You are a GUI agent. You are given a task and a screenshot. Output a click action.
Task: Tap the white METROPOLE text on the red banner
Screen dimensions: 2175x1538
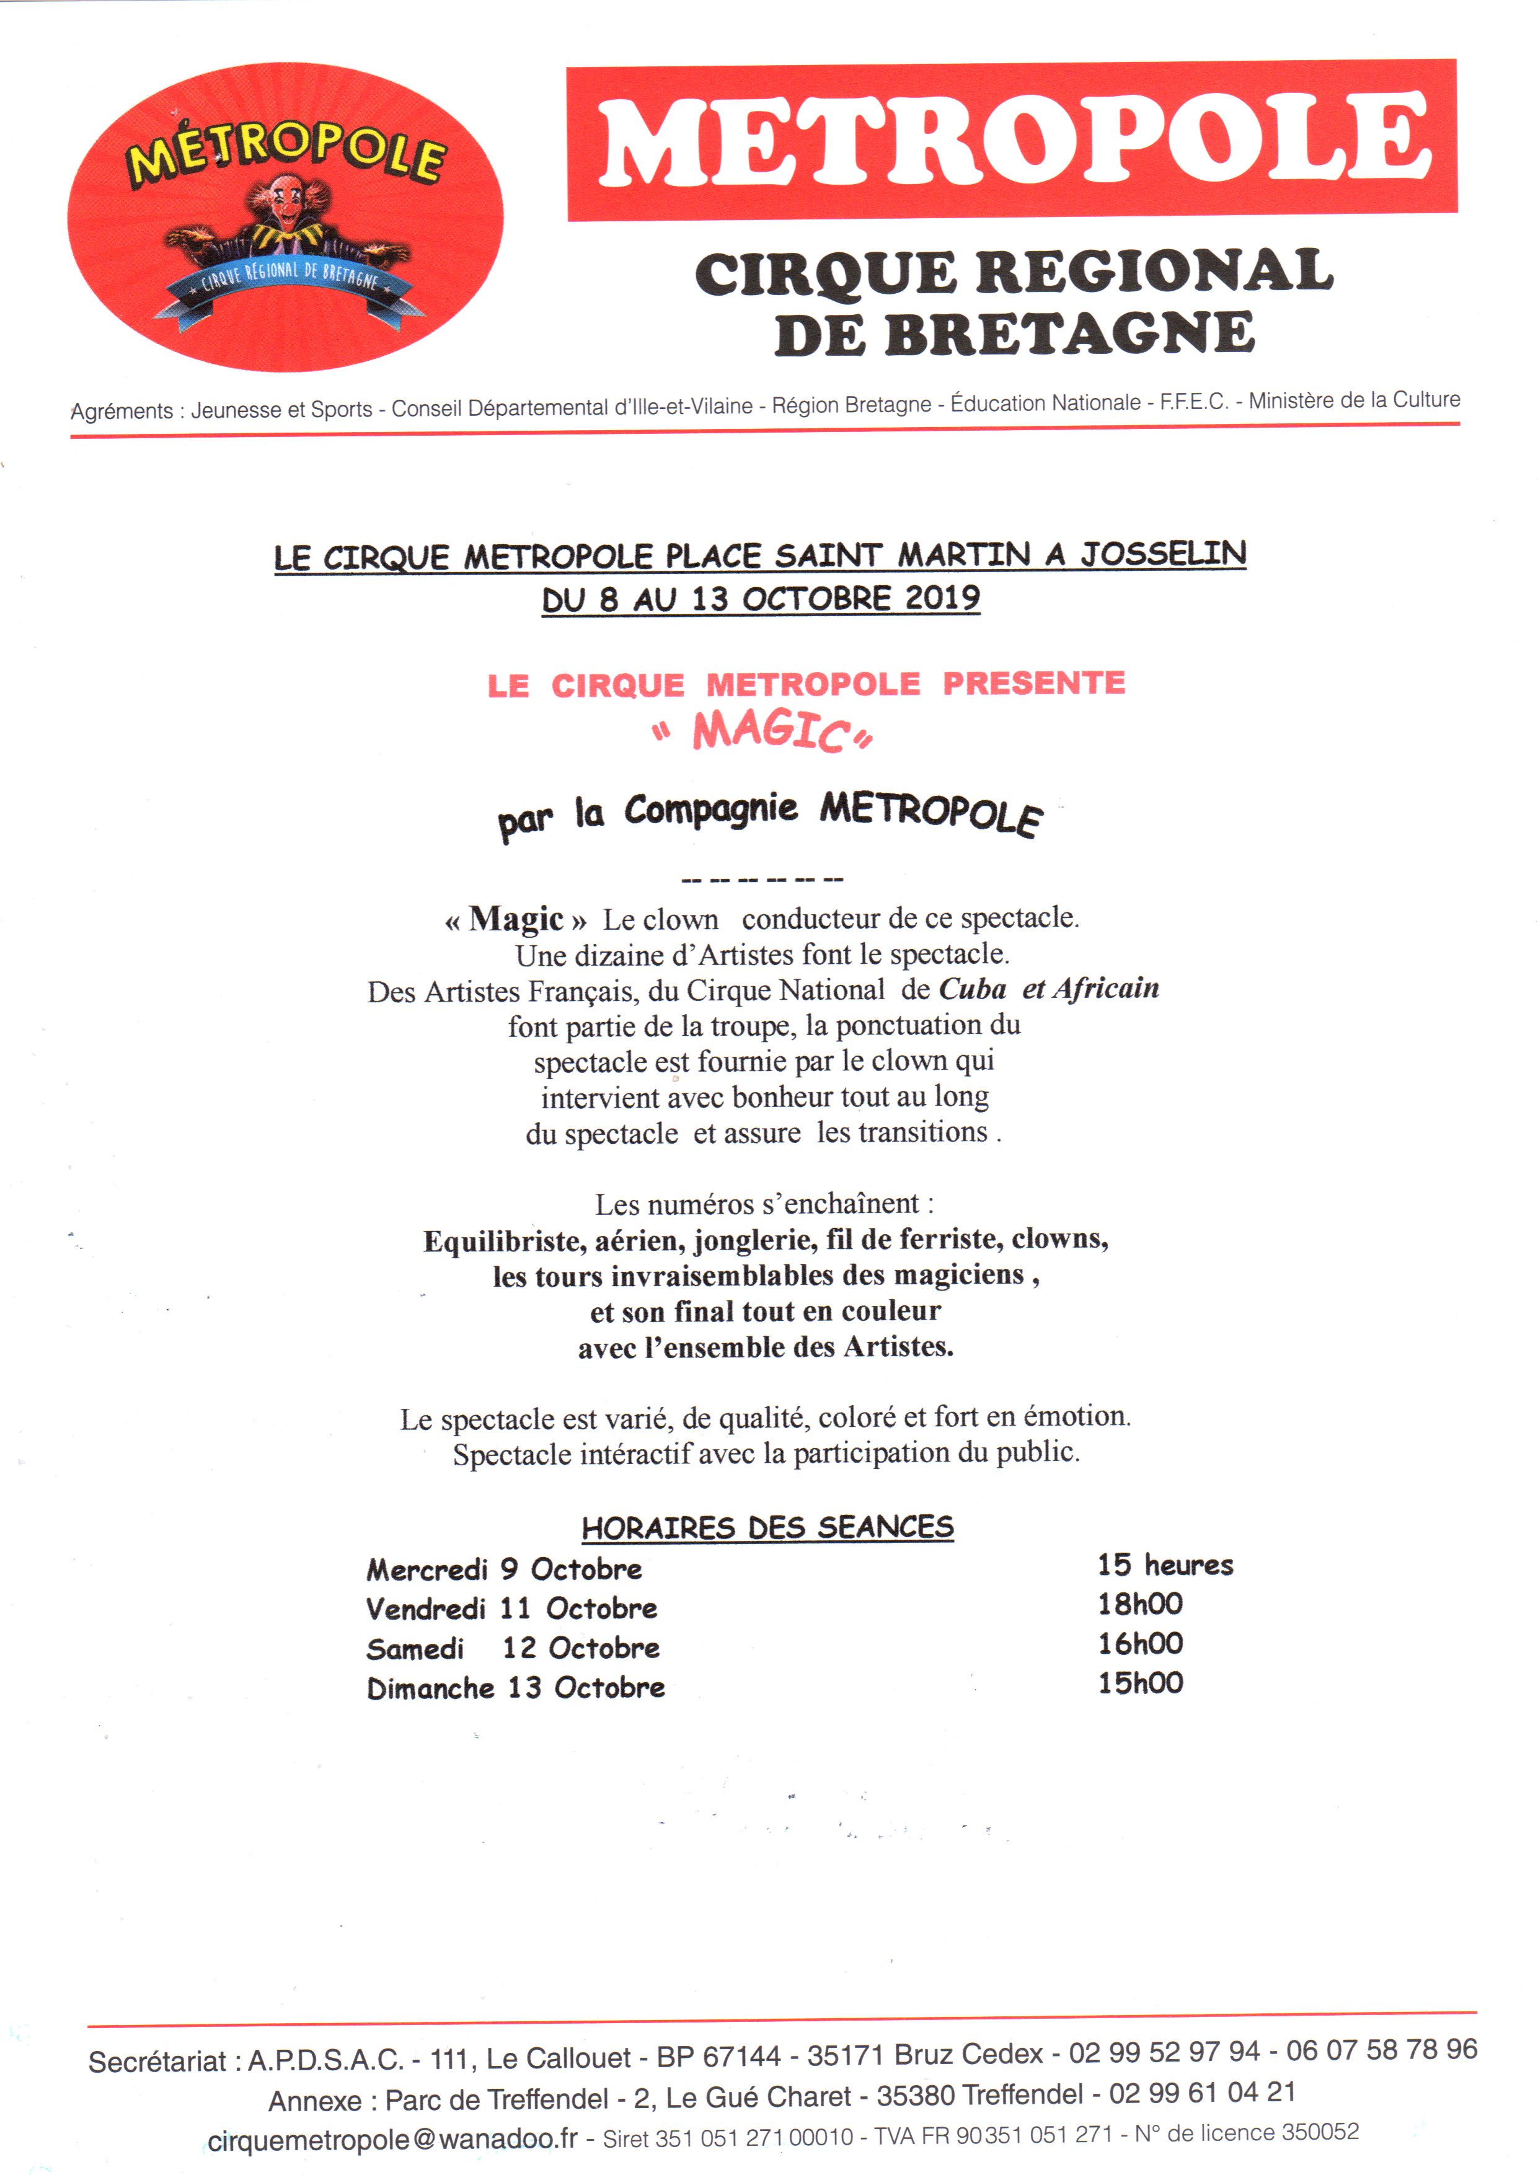click(1012, 140)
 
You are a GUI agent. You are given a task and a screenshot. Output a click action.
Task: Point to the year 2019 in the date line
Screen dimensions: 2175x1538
click(942, 597)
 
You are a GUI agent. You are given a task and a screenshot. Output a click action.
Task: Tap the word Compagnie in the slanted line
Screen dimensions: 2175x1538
click(710, 811)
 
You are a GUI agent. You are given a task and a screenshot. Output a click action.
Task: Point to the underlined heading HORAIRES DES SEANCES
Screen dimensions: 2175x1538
click(767, 1527)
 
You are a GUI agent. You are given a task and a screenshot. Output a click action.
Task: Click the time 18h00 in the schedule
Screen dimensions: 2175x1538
click(1140, 1604)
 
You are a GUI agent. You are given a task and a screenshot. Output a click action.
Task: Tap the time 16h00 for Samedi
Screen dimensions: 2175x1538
click(1140, 1644)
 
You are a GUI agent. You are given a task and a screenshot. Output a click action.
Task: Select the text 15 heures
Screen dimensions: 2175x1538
click(1165, 1565)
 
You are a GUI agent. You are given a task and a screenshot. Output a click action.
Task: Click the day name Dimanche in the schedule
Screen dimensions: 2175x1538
click(430, 1688)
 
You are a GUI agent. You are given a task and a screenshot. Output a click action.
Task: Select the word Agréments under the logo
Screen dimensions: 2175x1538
click(122, 411)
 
